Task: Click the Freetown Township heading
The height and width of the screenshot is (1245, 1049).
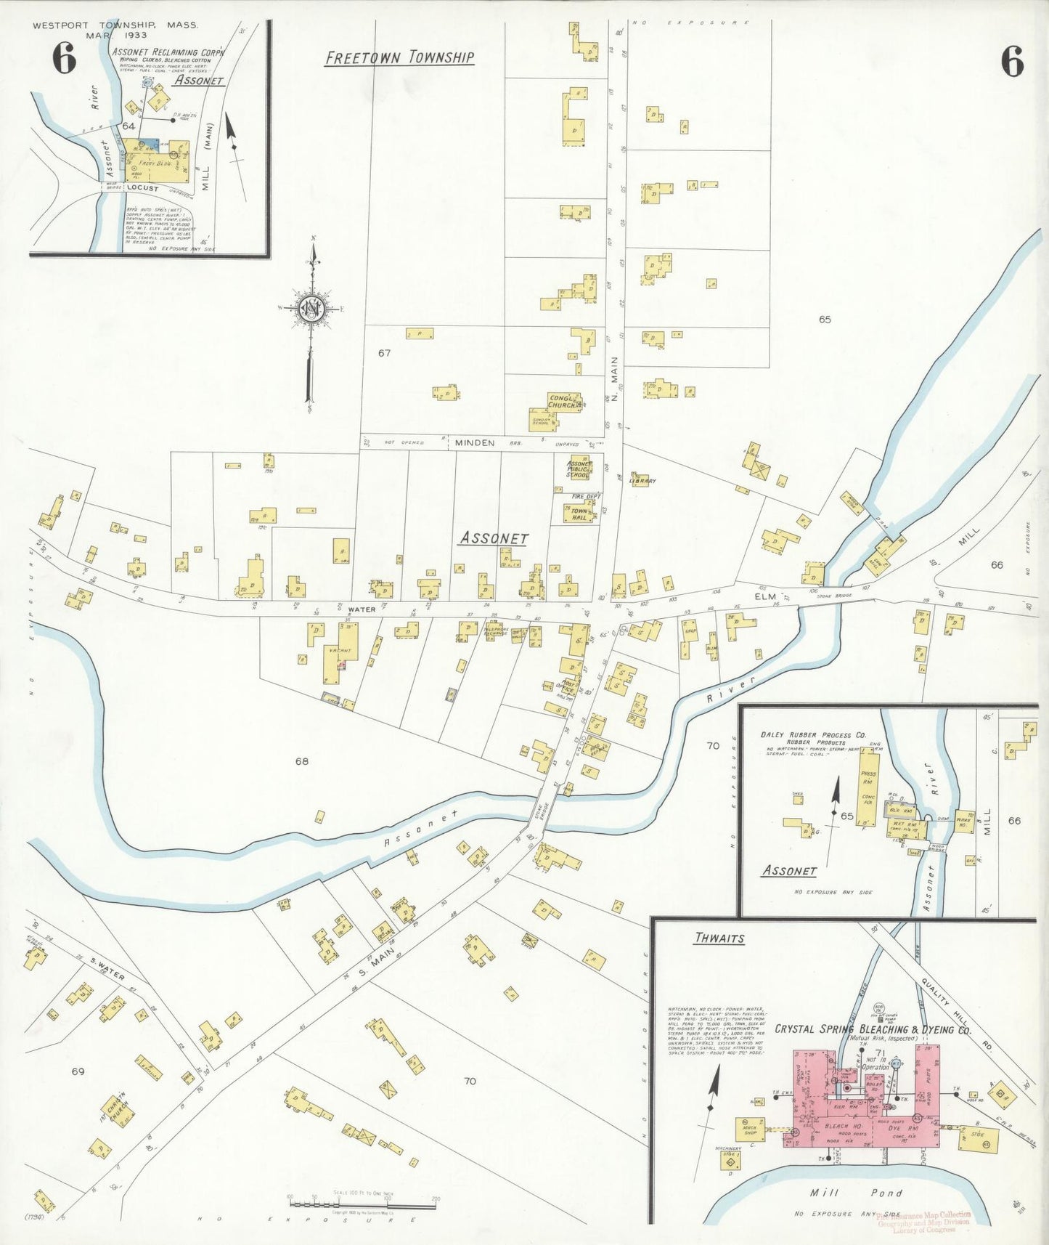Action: tap(399, 57)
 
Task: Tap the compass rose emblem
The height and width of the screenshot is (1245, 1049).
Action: tap(311, 308)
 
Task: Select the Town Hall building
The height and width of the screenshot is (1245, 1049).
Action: tap(579, 514)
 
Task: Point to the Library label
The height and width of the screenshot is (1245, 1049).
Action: tap(642, 481)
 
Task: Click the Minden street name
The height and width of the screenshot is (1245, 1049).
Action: tap(475, 442)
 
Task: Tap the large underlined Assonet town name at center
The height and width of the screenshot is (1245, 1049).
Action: tap(494, 538)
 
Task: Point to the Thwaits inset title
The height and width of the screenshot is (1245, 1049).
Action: tap(719, 938)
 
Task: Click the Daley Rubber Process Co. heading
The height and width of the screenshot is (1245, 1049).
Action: tap(812, 735)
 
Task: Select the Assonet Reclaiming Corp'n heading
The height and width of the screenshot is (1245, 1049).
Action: tap(168, 52)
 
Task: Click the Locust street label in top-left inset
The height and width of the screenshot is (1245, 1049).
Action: tap(142, 188)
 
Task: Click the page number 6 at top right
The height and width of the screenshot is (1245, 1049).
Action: tap(1012, 61)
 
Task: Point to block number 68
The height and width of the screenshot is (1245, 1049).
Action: tap(301, 761)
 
